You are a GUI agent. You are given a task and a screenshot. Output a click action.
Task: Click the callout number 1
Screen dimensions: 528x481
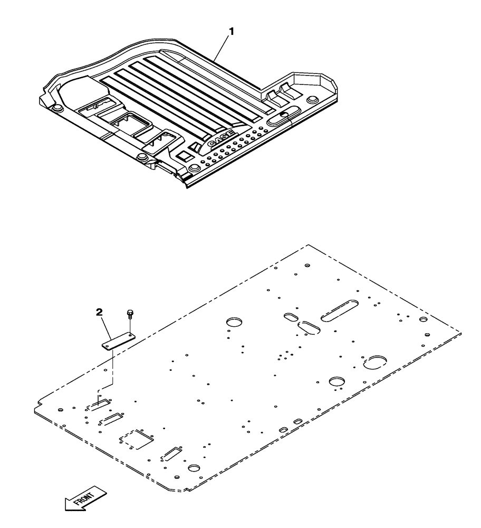pyautogui.click(x=230, y=32)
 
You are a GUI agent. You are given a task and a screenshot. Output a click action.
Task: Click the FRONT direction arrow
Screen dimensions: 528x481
pyautogui.click(x=85, y=498)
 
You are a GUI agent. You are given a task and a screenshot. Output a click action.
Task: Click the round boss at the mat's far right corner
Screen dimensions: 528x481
pyautogui.click(x=312, y=99)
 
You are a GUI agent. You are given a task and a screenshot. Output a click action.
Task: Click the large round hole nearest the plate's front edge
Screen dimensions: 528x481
pyautogui.click(x=194, y=468)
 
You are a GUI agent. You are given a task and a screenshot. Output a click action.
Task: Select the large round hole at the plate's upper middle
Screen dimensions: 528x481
pyautogui.click(x=233, y=322)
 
